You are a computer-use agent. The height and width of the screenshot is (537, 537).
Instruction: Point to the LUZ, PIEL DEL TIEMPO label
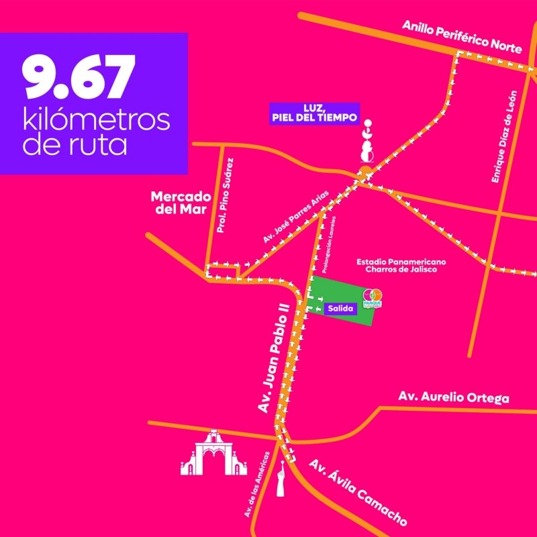pos(313,114)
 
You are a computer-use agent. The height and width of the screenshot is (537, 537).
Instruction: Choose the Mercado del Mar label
pos(181,203)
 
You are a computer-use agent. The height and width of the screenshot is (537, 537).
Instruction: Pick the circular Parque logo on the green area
pos(372,297)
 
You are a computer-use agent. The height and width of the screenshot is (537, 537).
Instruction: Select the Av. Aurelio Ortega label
pos(453,397)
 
